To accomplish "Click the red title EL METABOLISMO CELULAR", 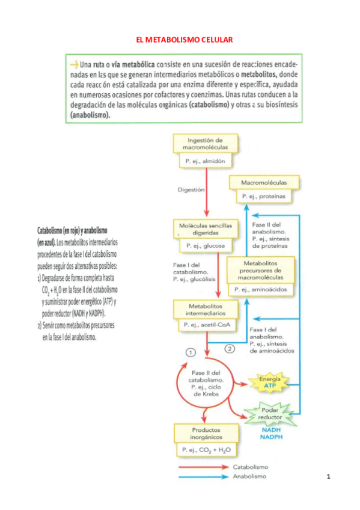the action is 184,40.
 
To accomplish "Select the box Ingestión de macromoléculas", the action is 206,143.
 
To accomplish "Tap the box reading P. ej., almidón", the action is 206,161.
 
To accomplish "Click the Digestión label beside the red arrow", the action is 191,189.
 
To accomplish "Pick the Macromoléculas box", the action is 263,182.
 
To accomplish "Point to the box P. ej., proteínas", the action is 263,196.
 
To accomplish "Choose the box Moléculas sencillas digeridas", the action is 206,228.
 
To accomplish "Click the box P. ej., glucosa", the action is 206,245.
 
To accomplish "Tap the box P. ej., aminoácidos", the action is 261,289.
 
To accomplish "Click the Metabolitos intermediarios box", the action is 206,310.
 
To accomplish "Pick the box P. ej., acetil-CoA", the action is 206,325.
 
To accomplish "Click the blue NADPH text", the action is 270,437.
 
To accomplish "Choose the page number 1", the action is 329,477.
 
